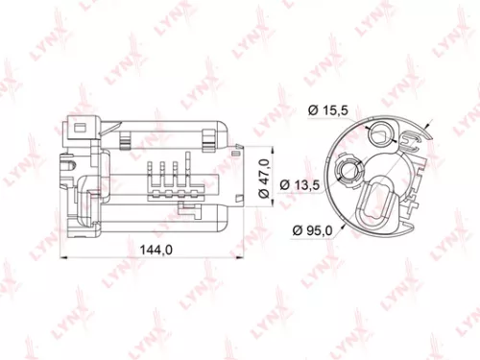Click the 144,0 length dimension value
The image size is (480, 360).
tap(156, 250)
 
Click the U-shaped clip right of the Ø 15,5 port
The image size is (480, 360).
tap(411, 145)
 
